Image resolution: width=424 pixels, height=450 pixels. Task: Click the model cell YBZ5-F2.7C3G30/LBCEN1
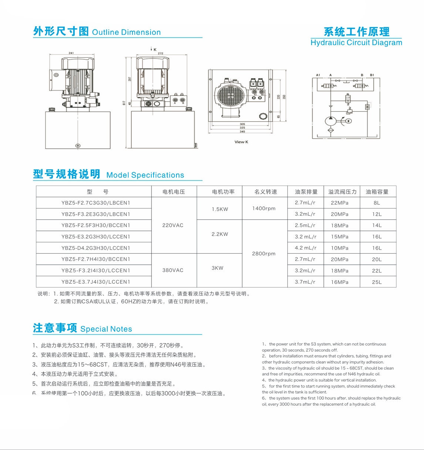pos(96,203)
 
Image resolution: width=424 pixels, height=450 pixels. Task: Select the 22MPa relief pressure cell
pos(339,203)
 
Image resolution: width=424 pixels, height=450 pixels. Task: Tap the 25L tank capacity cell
pos(377,282)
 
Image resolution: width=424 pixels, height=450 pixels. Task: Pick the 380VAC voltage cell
pos(173,270)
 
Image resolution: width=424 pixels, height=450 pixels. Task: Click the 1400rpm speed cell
pos(264,209)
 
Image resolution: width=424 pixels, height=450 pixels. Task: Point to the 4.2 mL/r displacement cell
pos(305,248)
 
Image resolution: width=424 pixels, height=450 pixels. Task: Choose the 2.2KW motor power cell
pos(220,234)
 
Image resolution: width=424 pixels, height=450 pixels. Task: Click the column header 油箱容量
pos(377,192)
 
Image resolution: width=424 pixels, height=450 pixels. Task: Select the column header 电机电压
pos(174,192)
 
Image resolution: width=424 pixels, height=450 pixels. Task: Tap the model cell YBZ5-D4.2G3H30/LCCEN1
pos(96,248)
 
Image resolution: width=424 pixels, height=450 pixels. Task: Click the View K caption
pos(241,142)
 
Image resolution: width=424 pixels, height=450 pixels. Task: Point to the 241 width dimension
pos(71,53)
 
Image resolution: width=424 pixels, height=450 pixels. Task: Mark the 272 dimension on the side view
pos(161,53)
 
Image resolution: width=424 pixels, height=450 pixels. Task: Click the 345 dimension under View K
pos(242,132)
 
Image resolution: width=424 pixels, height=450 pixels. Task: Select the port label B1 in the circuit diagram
pos(372,75)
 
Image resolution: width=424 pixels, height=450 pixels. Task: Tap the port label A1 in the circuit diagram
pos(318,75)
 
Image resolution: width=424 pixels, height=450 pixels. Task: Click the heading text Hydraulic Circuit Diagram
pos(356,43)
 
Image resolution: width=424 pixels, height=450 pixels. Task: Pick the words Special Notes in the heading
pos(106,329)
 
